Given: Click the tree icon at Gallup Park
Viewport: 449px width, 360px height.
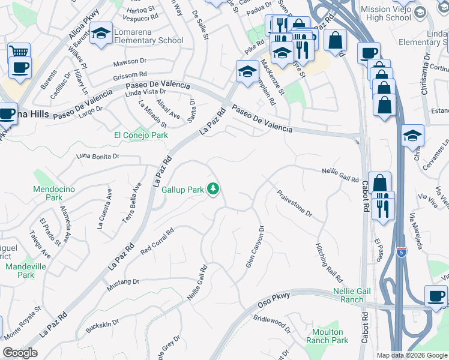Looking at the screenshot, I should [212, 190].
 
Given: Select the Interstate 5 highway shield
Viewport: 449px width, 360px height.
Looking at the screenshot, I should [401, 252].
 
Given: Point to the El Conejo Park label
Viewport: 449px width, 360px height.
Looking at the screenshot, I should [141, 136].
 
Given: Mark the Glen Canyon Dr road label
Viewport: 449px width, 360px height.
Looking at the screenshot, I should [255, 247].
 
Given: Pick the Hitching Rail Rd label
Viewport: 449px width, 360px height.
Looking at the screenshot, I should [329, 263].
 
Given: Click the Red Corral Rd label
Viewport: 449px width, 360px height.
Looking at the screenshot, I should [157, 239].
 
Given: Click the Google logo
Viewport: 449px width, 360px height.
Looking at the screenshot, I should [20, 353].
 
